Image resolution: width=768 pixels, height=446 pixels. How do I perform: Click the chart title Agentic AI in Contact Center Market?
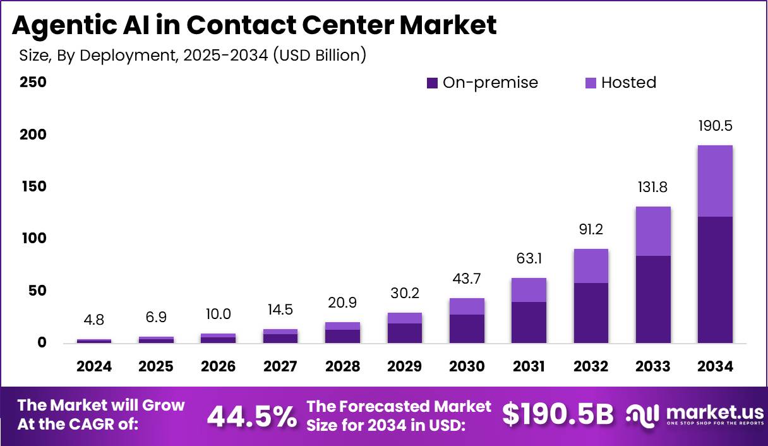[255, 25]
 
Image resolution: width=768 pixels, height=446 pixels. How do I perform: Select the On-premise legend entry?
[483, 83]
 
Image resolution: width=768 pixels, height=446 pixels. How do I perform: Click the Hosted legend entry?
[621, 83]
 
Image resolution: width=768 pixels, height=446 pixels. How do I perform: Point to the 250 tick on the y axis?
[33, 82]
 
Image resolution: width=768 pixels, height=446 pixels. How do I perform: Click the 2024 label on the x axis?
[94, 366]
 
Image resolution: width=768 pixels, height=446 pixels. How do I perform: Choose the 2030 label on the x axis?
[467, 366]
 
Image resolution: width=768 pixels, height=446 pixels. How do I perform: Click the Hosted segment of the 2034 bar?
[716, 181]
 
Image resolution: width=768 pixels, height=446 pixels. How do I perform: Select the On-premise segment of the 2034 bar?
[716, 280]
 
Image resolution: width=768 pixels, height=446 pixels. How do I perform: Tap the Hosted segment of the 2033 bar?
[653, 231]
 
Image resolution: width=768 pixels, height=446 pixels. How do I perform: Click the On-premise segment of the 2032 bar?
[591, 313]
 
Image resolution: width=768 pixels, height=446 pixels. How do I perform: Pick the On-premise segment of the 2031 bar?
[529, 322]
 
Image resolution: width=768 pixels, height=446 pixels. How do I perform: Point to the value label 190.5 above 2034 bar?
[716, 126]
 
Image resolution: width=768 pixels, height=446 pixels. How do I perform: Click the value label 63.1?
[529, 258]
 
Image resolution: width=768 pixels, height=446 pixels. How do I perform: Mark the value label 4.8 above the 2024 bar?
[94, 320]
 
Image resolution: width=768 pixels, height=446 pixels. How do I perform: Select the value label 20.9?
[343, 303]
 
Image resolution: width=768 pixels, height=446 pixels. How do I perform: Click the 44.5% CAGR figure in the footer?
[251, 416]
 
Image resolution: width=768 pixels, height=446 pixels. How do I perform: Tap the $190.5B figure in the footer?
[558, 414]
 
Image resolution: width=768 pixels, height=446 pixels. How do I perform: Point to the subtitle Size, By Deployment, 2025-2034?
[193, 55]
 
